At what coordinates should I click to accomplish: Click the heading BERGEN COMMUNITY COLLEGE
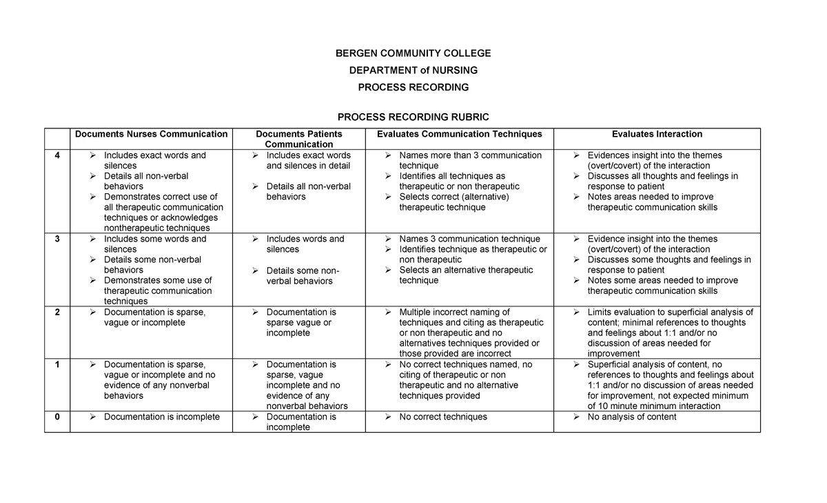(x=413, y=53)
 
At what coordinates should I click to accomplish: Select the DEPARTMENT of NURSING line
(x=413, y=70)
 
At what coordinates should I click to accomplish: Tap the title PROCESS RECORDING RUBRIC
(x=413, y=117)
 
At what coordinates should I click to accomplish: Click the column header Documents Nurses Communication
(x=151, y=134)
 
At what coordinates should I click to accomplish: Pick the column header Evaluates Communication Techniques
(x=459, y=134)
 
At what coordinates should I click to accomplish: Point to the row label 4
(x=57, y=155)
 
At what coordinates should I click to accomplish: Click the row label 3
(x=57, y=239)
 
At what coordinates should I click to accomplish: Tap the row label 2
(x=57, y=312)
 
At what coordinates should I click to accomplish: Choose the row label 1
(x=57, y=364)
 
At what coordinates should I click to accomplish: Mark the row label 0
(x=57, y=417)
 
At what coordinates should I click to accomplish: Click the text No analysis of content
(x=631, y=417)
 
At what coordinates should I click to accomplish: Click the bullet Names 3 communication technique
(x=469, y=239)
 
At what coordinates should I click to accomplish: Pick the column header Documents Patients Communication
(x=298, y=139)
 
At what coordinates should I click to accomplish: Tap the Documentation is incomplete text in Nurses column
(x=161, y=417)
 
